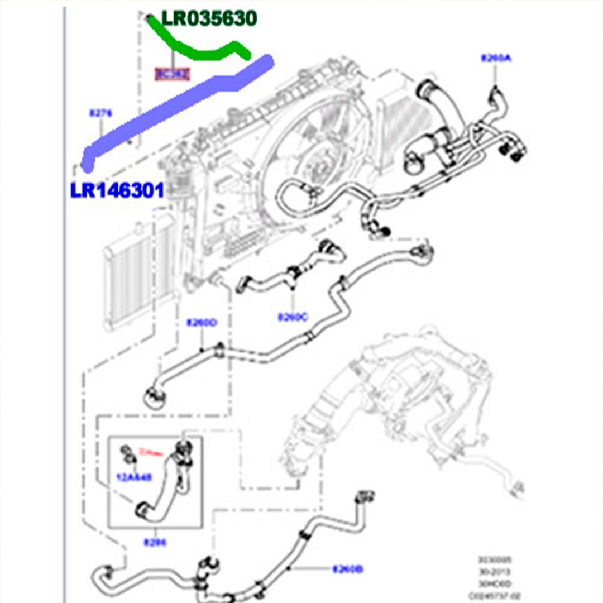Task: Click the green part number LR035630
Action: (209, 18)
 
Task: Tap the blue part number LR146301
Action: (117, 190)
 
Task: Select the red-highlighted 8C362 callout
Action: (172, 74)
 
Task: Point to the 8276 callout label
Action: (100, 113)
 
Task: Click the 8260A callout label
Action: (495, 58)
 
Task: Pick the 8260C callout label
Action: (293, 317)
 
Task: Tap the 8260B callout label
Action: (348, 569)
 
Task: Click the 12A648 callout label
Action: (133, 477)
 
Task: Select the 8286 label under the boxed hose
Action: (154, 542)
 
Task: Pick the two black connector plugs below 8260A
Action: (511, 149)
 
